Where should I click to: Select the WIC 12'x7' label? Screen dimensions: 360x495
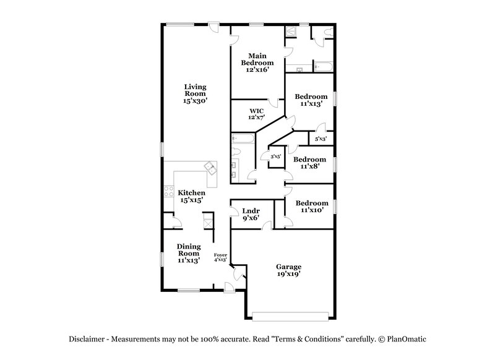pyautogui.click(x=256, y=114)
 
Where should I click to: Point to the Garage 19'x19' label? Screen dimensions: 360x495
pyautogui.click(x=288, y=270)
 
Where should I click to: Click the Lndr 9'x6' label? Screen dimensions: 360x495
pyautogui.click(x=250, y=214)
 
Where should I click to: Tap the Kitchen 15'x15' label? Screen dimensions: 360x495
pyautogui.click(x=191, y=196)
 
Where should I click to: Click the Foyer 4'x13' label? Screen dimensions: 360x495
pyautogui.click(x=220, y=258)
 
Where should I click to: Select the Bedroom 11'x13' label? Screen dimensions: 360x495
pyautogui.click(x=311, y=100)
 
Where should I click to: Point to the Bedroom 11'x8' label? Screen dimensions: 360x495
pyautogui.click(x=311, y=162)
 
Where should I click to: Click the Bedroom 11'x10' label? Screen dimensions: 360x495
pyautogui.click(x=311, y=207)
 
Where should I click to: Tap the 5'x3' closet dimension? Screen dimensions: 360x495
pyautogui.click(x=321, y=139)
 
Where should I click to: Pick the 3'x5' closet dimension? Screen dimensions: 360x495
pyautogui.click(x=275, y=157)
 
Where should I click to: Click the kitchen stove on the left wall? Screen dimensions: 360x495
pyautogui.click(x=166, y=192)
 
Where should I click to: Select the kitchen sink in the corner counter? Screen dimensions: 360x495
pyautogui.click(x=211, y=166)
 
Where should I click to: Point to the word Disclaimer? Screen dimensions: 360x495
pyautogui.click(x=86, y=340)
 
